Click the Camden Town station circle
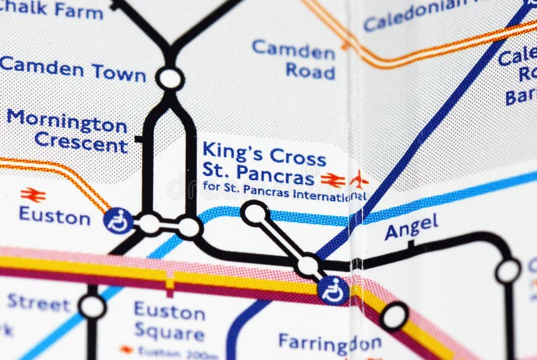click(x=170, y=79)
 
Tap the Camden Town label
click(x=72, y=69)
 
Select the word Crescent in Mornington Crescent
click(x=81, y=143)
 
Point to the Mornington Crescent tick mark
click(x=139, y=140)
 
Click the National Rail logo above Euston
click(x=33, y=195)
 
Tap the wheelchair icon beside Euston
click(x=117, y=221)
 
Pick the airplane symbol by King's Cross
click(x=359, y=179)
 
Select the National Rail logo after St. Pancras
click(x=332, y=179)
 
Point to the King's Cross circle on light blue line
click(x=254, y=214)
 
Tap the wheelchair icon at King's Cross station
click(x=333, y=290)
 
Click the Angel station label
click(x=411, y=226)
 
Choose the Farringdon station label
click(x=330, y=343)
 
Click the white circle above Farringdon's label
click(x=393, y=316)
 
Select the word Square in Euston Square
click(x=168, y=333)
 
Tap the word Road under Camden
click(x=309, y=71)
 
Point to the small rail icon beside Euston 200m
click(x=126, y=350)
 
